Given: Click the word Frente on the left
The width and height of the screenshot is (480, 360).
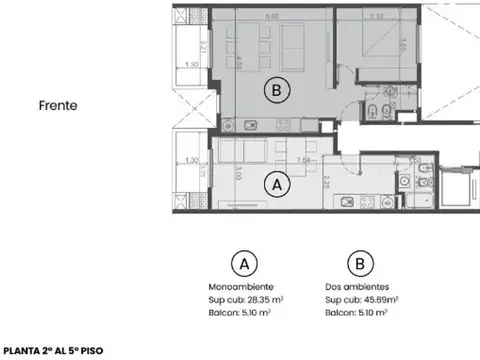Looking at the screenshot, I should (x=60, y=103).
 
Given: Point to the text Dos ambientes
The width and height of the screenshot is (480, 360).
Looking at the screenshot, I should (x=357, y=287).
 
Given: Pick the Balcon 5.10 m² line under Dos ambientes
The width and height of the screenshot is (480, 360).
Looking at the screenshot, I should (x=357, y=311).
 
